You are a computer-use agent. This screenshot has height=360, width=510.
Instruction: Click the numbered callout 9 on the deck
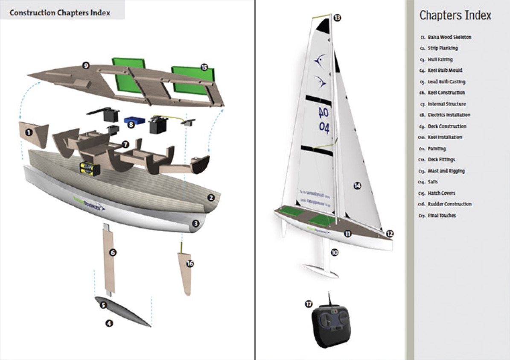coord(86,65)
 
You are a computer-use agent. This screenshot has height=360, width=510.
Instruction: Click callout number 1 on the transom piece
coord(29,132)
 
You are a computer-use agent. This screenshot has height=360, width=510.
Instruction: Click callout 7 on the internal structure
coord(125,144)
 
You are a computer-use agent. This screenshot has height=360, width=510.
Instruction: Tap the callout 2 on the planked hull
coord(210,198)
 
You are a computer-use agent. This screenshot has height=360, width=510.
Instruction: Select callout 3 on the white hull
coord(195,223)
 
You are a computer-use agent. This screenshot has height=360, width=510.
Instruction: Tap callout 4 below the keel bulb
coord(109,324)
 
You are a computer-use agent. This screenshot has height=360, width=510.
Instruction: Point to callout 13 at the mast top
coord(337,18)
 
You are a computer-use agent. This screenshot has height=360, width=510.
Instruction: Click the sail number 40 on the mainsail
coord(323,113)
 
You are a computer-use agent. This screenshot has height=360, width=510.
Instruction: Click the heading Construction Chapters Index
coord(60,13)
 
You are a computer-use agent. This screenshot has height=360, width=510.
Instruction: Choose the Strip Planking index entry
coord(443,48)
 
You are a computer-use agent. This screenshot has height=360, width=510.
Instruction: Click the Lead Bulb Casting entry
coord(446,82)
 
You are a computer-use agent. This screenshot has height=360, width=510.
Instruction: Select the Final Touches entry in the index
coord(442,215)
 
